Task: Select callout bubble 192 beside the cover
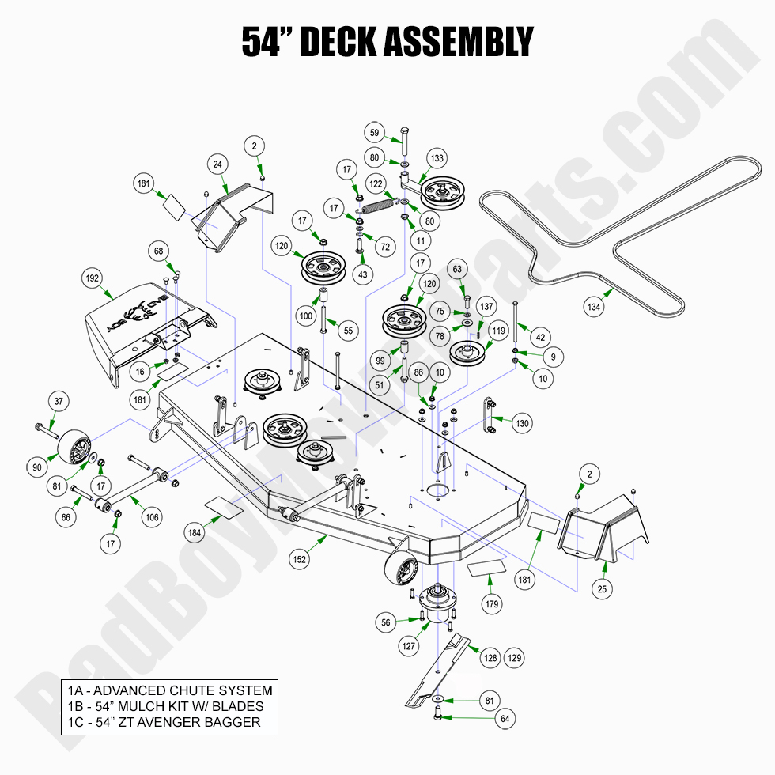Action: [x=93, y=278]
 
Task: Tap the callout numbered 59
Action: [x=375, y=132]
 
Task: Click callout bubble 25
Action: [x=603, y=588]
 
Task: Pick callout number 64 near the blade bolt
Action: [x=505, y=719]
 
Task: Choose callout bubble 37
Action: [x=59, y=402]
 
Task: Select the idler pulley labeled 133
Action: [x=441, y=192]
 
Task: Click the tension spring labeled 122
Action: [x=381, y=204]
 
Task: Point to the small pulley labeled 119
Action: [x=467, y=353]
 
